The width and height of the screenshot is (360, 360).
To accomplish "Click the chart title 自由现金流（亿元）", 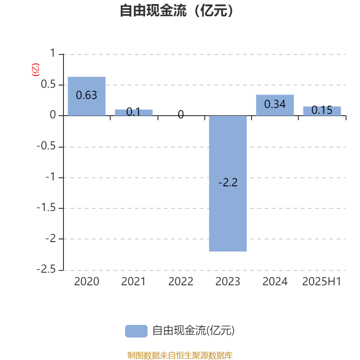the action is [x=176, y=10].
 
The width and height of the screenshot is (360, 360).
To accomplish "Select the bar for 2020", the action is [x=86, y=96].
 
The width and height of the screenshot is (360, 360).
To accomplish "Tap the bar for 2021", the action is [x=134, y=112].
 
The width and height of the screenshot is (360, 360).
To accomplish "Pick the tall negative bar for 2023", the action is [x=228, y=184].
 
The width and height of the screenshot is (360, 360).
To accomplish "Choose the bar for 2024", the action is [x=275, y=105].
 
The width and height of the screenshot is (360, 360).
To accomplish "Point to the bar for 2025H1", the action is [x=322, y=111].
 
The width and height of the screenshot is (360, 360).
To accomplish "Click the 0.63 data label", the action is [x=86, y=95].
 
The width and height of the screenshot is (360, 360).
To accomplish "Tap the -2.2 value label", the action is [x=228, y=183].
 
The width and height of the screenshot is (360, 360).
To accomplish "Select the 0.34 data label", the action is [x=275, y=104].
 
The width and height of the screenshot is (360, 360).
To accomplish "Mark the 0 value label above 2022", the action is [x=181, y=114].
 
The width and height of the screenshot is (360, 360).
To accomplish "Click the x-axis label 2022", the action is [x=181, y=282].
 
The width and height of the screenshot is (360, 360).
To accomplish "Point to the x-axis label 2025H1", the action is [x=322, y=282].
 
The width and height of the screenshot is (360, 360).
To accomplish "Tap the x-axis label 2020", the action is [x=86, y=282].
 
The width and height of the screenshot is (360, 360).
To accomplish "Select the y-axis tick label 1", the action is [x=53, y=53].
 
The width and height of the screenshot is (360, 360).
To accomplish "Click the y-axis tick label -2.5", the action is [x=46, y=269].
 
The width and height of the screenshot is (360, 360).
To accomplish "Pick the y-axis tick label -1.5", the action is [x=46, y=208].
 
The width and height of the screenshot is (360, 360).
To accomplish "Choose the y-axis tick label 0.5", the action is [x=48, y=84].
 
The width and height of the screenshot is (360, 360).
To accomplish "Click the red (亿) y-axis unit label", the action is [x=36, y=70].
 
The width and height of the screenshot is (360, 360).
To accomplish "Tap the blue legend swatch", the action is [x=136, y=331].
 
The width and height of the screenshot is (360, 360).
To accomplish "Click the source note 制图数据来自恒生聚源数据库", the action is [x=180, y=355].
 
